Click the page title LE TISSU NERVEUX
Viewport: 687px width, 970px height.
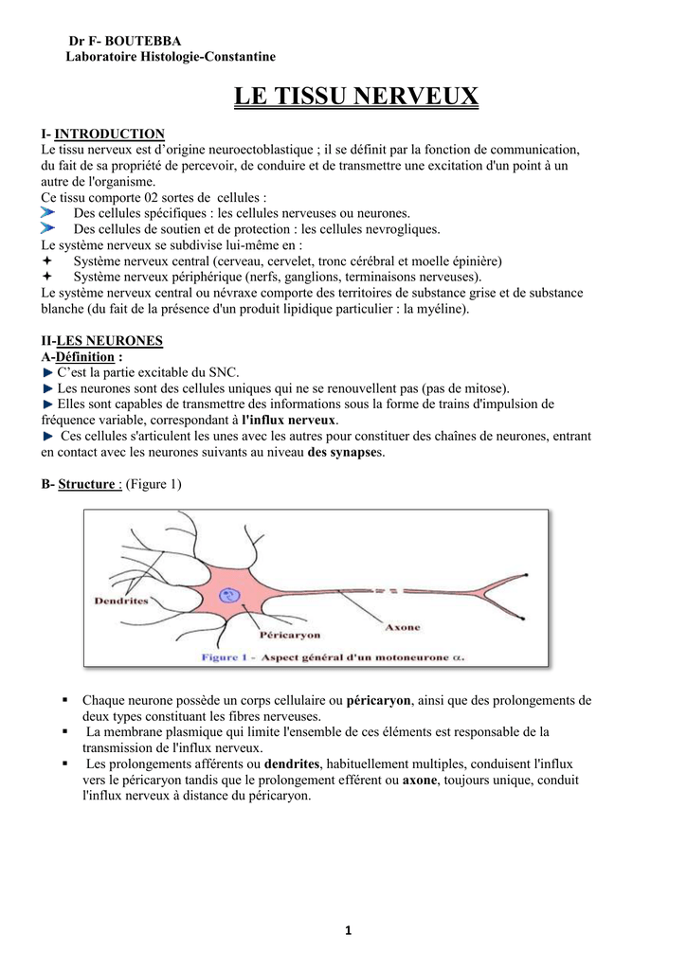pyautogui.click(x=356, y=97)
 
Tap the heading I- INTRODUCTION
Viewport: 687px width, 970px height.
pyautogui.click(x=103, y=134)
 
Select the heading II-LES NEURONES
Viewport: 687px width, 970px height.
pyautogui.click(x=102, y=340)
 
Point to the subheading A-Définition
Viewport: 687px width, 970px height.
pyautogui.click(x=81, y=356)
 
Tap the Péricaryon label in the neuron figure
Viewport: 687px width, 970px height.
pyautogui.click(x=290, y=635)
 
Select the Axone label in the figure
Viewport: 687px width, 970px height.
pyautogui.click(x=401, y=626)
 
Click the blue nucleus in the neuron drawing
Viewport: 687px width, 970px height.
pyautogui.click(x=228, y=596)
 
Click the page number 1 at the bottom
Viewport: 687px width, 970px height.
pyautogui.click(x=348, y=930)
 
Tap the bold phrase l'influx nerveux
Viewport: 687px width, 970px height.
pyautogui.click(x=289, y=420)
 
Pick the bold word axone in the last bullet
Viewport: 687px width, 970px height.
pyautogui.click(x=419, y=780)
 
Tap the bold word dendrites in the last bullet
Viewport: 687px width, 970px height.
pyautogui.click(x=292, y=763)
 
